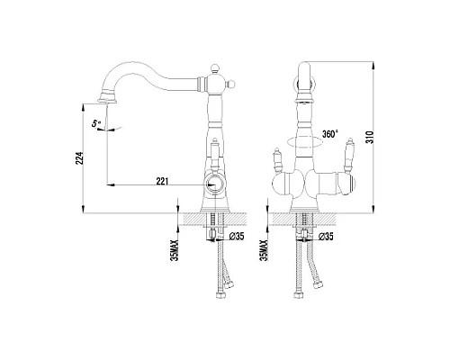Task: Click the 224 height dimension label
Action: tap(79, 157)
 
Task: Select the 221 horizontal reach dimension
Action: tap(162, 181)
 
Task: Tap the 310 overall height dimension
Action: tap(370, 137)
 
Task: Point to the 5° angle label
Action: tap(96, 123)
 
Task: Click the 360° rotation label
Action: tap(330, 134)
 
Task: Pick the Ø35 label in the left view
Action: tap(237, 237)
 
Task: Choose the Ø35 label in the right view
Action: tap(326, 237)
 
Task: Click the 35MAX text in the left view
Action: tap(175, 250)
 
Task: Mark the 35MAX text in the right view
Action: tap(265, 250)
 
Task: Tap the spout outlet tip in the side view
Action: tap(106, 102)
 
